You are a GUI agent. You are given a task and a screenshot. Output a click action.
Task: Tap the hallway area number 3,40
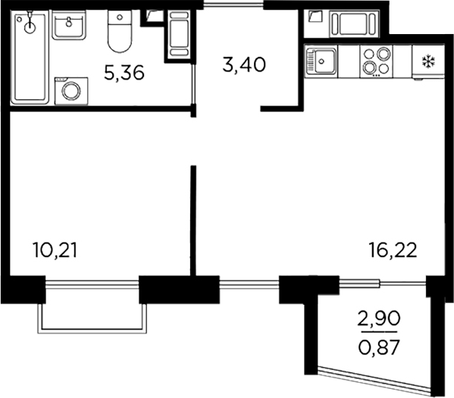click(243, 64)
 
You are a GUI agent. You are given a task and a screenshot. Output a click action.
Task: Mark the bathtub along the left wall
click(30, 57)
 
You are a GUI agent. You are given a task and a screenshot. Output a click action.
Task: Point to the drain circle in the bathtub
click(30, 27)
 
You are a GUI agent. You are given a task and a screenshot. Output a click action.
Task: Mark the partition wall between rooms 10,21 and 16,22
click(193, 220)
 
